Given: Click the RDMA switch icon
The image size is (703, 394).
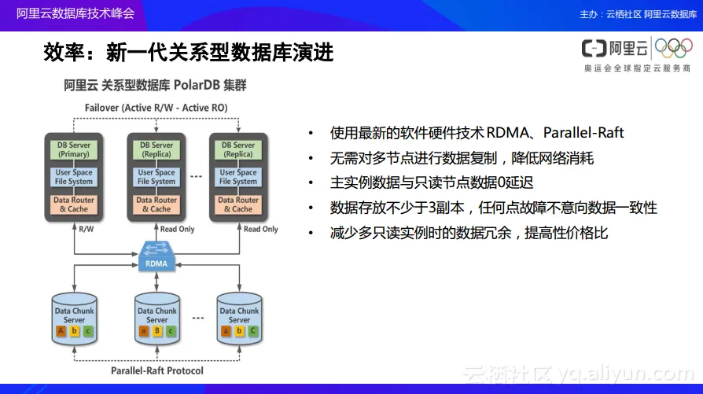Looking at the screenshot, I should pos(156,253).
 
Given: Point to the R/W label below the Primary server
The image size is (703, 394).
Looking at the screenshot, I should pos(86,230).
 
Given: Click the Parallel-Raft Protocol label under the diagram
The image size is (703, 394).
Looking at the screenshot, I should pos(156,370).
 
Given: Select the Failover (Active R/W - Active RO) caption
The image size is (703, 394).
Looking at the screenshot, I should pos(156,107).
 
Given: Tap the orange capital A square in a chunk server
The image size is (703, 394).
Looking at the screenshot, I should pos(61,331).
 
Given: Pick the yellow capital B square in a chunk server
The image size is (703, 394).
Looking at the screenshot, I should pos(156,331).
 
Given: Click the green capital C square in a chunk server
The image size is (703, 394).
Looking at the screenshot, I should pos(252,331).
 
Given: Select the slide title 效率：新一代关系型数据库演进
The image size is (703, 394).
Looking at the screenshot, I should pos(189,53).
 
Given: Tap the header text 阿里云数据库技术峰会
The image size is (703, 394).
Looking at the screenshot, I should pos(75,13).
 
